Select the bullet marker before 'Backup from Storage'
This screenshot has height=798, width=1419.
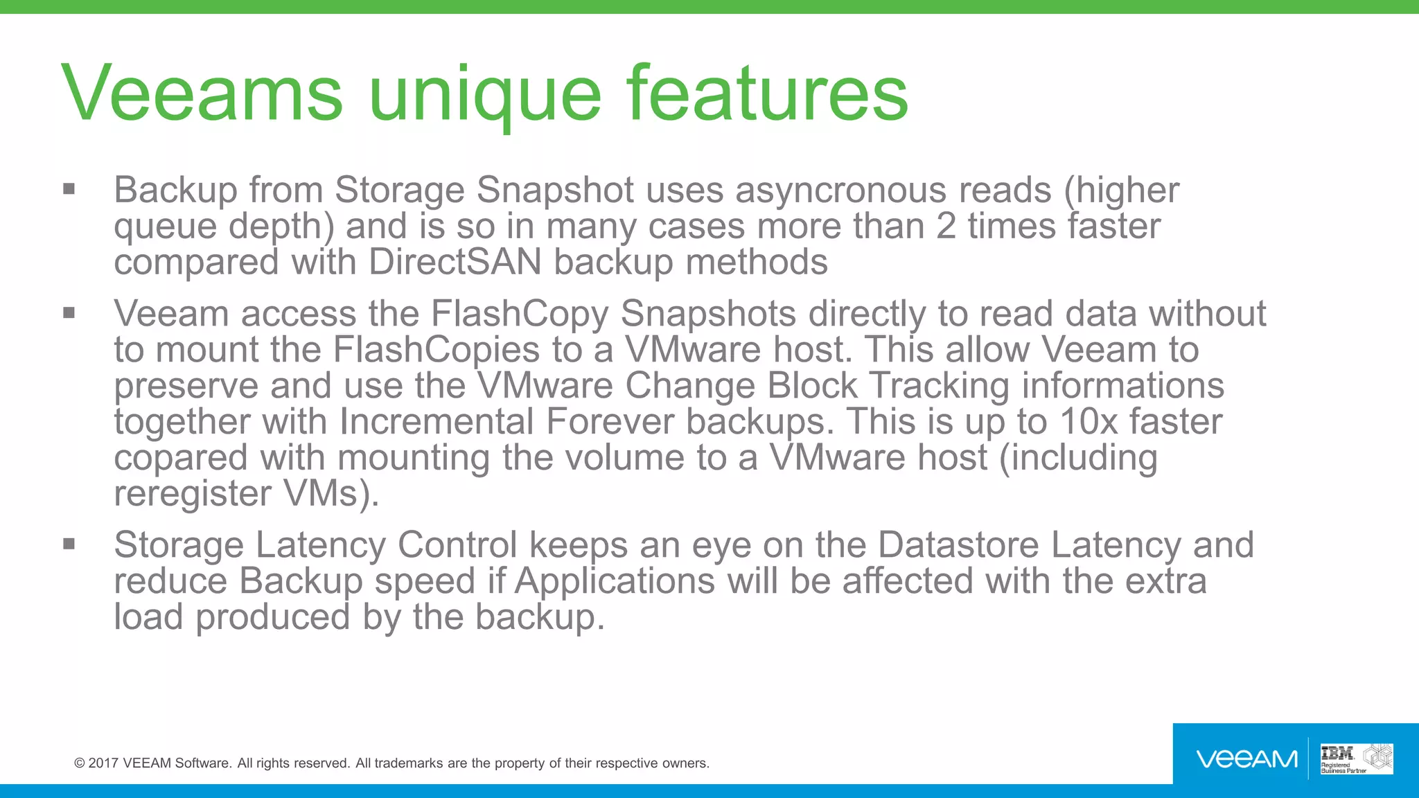click(x=69, y=189)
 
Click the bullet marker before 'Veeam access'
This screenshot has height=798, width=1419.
click(x=69, y=313)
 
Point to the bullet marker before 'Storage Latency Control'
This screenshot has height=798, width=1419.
click(x=69, y=544)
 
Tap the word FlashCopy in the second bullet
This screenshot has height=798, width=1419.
click(x=520, y=314)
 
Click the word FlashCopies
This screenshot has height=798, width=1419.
click(x=436, y=350)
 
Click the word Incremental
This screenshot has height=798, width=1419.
click(x=437, y=422)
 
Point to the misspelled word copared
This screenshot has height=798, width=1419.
click(x=181, y=459)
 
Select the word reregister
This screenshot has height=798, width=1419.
click(x=193, y=495)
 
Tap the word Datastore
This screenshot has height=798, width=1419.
click(x=958, y=545)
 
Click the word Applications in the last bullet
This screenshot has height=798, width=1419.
click(x=615, y=581)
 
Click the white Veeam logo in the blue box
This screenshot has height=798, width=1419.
click(x=1246, y=759)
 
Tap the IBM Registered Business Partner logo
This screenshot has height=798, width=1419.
click(x=1356, y=759)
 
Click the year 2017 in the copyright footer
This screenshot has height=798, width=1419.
click(x=103, y=763)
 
